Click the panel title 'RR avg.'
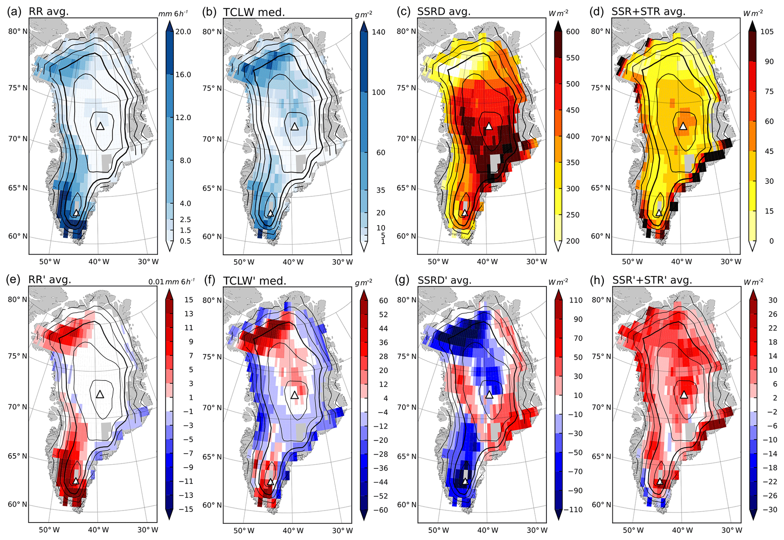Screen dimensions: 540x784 (x=49, y=11)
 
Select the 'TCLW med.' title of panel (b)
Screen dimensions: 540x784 (x=254, y=12)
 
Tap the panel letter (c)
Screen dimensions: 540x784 (x=404, y=11)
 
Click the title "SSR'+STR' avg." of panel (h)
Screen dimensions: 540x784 (x=652, y=280)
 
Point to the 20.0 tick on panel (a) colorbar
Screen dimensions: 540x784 (x=183, y=31)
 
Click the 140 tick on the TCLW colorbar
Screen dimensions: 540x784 (x=378, y=32)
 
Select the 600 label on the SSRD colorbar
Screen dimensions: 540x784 (x=573, y=31)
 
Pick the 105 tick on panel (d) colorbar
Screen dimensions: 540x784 (x=767, y=31)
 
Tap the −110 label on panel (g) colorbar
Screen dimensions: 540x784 (x=573, y=510)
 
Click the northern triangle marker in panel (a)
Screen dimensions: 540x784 (x=100, y=126)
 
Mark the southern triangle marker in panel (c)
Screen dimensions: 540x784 (x=465, y=213)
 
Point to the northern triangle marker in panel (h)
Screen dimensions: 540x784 (x=684, y=395)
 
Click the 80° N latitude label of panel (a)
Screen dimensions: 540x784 (x=18, y=31)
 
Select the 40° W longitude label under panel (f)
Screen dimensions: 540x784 (x=293, y=530)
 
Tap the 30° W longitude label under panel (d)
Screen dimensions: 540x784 (x=731, y=261)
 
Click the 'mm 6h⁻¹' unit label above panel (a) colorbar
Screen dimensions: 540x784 (x=173, y=14)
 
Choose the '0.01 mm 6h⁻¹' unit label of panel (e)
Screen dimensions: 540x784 (x=171, y=282)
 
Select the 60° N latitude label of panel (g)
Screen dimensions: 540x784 (x=406, y=504)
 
